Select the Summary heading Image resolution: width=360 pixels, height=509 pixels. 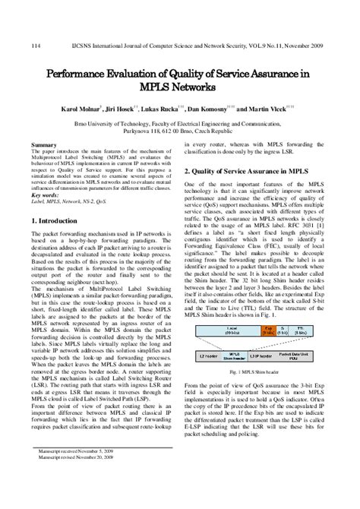tap(43, 144)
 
